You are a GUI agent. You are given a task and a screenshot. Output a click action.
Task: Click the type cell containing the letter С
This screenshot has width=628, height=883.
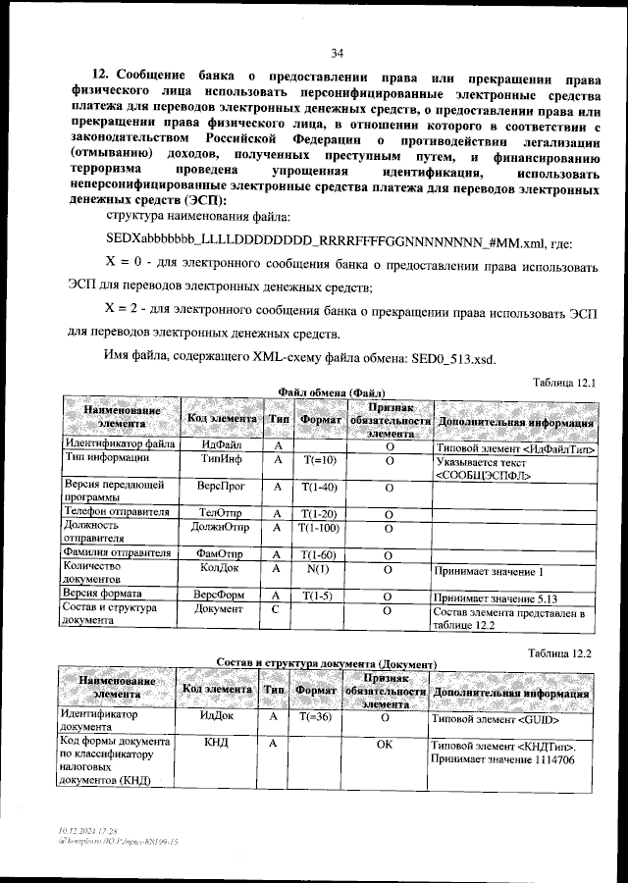click(276, 609)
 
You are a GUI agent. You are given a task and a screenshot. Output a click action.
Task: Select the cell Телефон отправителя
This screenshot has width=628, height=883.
click(117, 513)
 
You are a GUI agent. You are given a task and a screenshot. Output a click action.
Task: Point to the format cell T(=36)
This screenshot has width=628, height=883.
click(316, 717)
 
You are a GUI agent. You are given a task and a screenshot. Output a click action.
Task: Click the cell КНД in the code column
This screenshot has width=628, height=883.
click(215, 745)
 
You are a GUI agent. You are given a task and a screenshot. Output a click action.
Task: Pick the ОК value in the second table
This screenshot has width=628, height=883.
click(385, 745)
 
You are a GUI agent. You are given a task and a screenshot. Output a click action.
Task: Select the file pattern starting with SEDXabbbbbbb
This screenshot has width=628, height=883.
click(325, 240)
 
